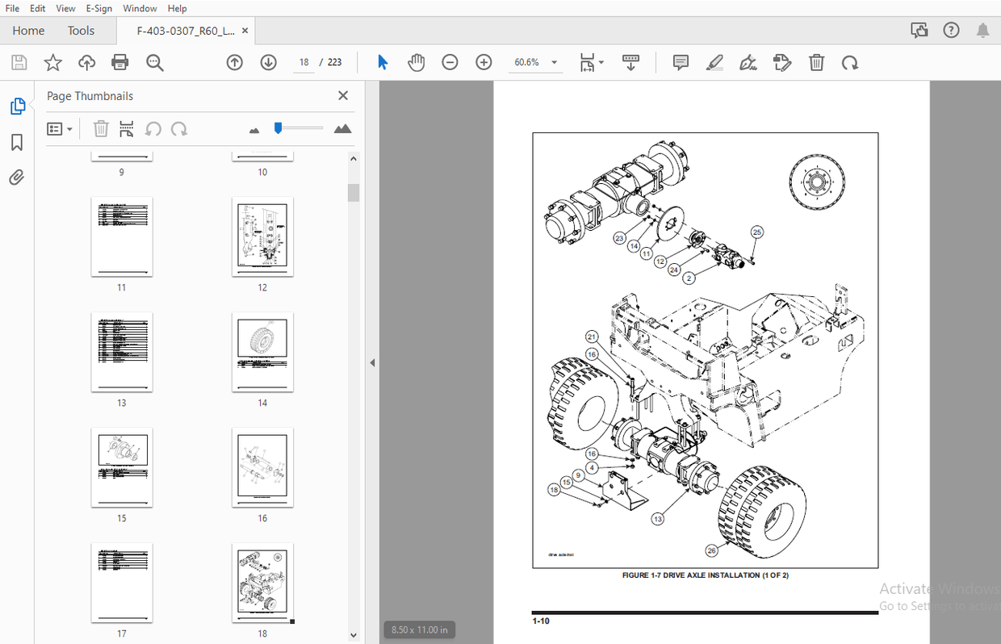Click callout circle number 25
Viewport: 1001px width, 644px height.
[756, 232]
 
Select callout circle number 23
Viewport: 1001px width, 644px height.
[619, 238]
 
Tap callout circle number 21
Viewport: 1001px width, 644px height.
[592, 337]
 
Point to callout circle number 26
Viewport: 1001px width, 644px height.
[711, 551]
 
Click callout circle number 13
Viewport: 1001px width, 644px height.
[658, 519]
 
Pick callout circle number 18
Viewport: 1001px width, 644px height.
[554, 490]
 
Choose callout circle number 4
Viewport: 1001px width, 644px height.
[592, 467]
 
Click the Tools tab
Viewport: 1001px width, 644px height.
[81, 31]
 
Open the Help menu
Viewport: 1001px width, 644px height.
[177, 8]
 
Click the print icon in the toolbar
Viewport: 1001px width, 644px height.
[120, 62]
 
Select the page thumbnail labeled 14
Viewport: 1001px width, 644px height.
[262, 352]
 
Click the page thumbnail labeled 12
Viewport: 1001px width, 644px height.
[262, 236]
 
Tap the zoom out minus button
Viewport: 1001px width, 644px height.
[450, 62]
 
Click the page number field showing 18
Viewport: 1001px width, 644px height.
[304, 62]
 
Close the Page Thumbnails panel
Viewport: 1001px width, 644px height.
[343, 96]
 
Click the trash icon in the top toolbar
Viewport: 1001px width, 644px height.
[817, 62]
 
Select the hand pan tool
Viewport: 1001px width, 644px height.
[417, 62]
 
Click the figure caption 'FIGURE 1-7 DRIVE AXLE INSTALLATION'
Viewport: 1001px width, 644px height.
[705, 575]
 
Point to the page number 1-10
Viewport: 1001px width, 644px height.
[541, 621]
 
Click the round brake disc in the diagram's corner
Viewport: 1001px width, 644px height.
[817, 183]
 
